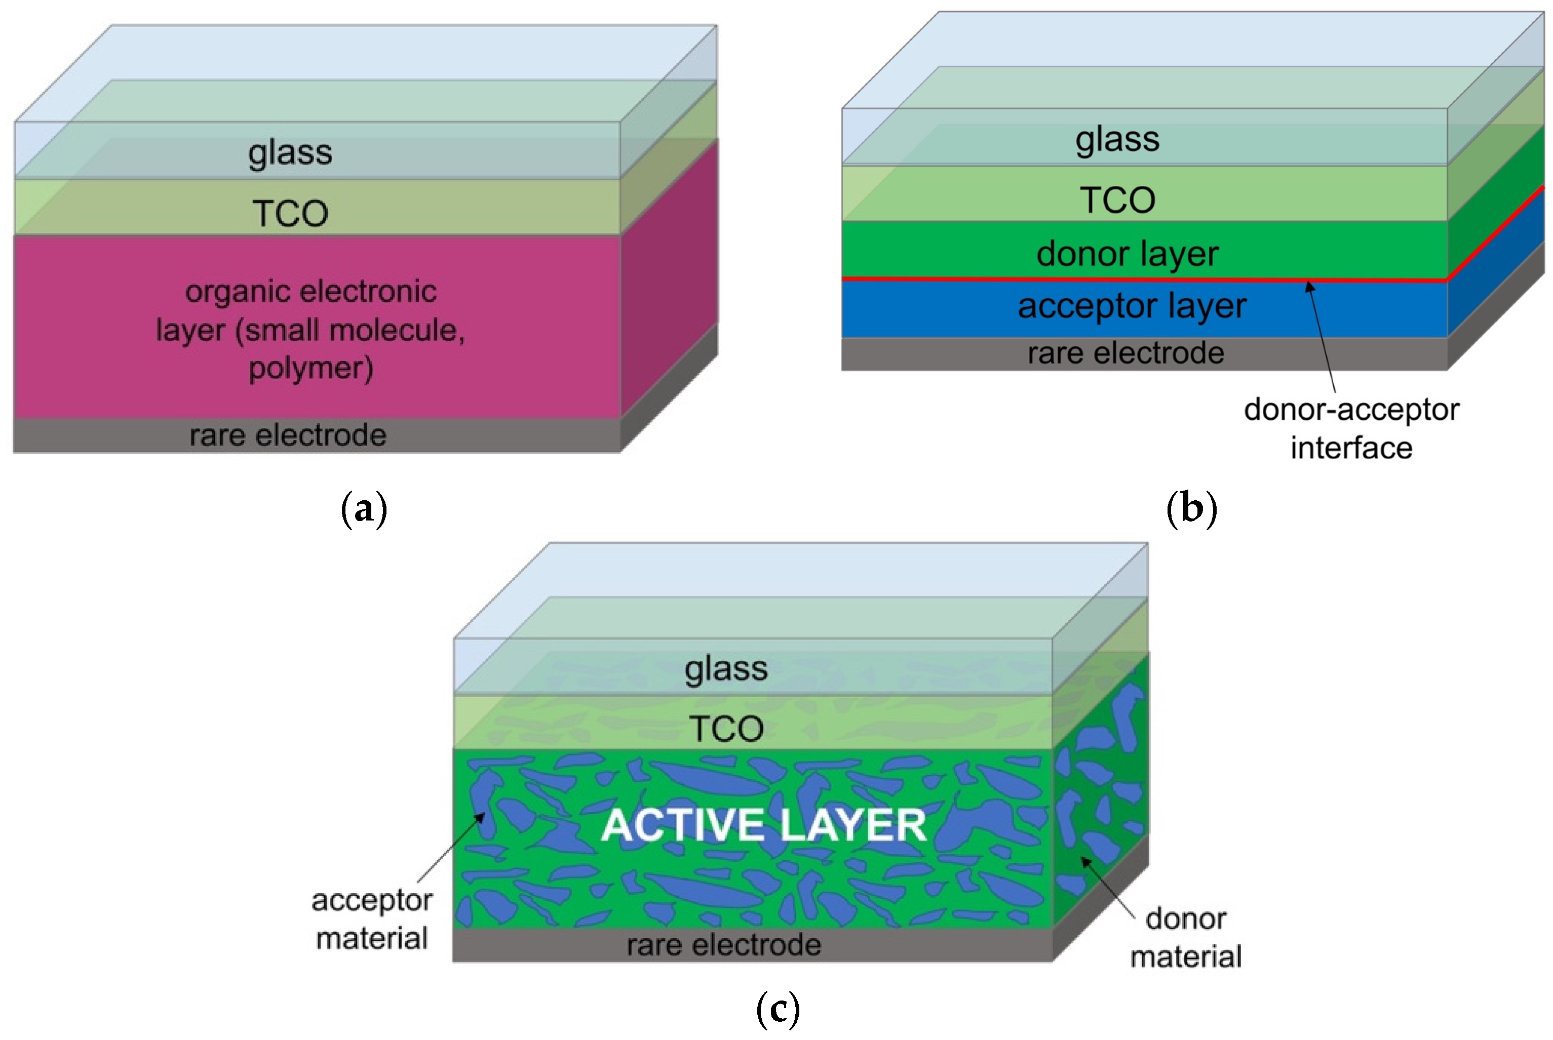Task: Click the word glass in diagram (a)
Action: tap(290, 152)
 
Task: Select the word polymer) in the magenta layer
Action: tap(310, 369)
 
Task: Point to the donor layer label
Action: tap(1127, 254)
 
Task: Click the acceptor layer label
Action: tap(1132, 306)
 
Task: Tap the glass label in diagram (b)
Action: tap(1117, 139)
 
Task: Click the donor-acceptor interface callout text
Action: tap(1351, 428)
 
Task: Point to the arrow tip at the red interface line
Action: tap(1308, 284)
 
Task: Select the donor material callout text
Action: tap(1185, 937)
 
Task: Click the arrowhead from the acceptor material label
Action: tap(482, 817)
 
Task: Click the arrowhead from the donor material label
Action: tap(1084, 860)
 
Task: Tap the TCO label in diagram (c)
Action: tap(726, 729)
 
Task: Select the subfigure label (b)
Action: tap(1191, 509)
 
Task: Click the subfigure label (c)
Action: tap(778, 1010)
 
